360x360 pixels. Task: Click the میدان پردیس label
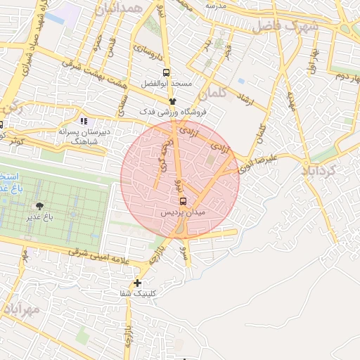pos(183,212)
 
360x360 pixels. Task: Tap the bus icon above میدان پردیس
pos(183,200)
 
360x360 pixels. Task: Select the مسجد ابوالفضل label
pos(166,83)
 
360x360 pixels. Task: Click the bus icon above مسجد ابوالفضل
pos(166,72)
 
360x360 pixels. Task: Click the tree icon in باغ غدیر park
pos(39,206)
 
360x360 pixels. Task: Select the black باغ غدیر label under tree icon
pos(41,217)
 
